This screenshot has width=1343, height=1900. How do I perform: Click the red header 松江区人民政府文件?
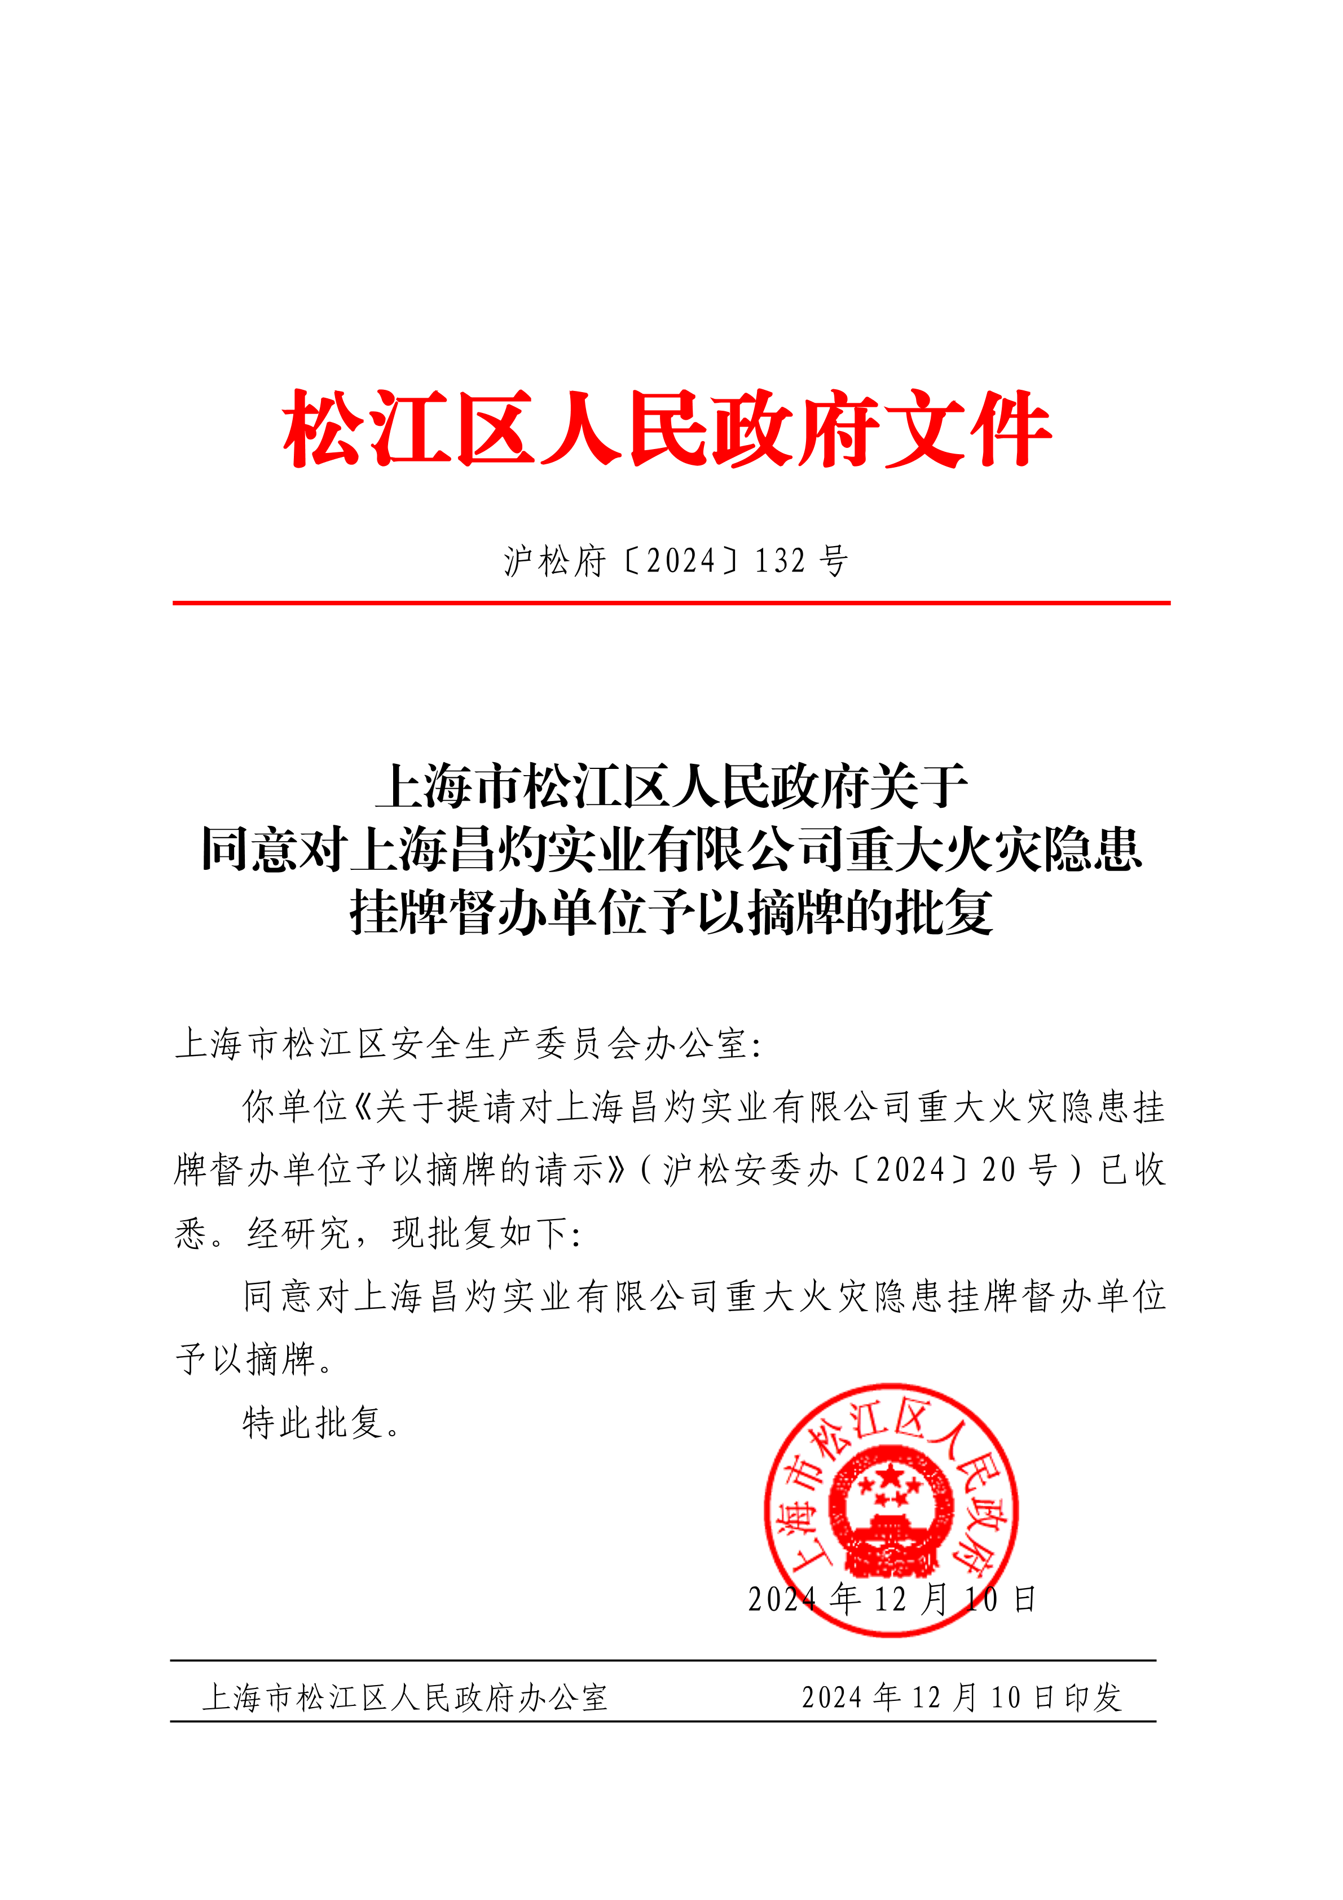[667, 429]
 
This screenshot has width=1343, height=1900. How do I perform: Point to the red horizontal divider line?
[671, 603]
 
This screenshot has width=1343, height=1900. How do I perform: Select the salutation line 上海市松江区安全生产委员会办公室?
[468, 1044]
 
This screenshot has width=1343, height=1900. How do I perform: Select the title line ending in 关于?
[671, 786]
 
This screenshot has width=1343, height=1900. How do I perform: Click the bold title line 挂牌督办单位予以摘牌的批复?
[671, 913]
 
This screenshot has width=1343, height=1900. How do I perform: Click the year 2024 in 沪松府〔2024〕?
[680, 562]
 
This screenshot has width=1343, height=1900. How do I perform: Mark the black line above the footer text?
[662, 1660]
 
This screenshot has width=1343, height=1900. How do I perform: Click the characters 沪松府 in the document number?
[554, 562]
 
